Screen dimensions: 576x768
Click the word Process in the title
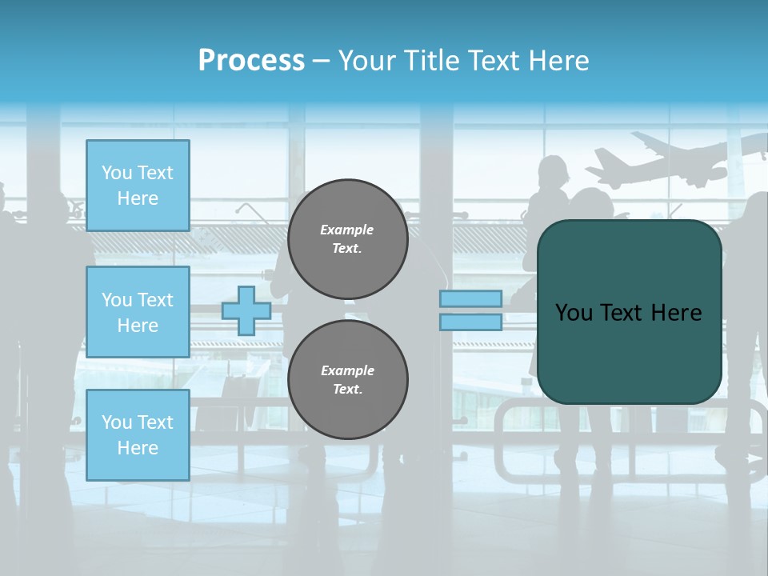tap(251, 61)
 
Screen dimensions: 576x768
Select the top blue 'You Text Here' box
tap(138, 186)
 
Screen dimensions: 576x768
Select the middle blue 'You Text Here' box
tap(138, 312)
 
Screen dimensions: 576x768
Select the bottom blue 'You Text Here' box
tap(138, 435)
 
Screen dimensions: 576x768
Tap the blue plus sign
tap(246, 310)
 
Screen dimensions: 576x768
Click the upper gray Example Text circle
tap(347, 239)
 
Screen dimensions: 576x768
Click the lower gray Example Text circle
tap(347, 380)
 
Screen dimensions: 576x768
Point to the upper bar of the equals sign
tap(470, 298)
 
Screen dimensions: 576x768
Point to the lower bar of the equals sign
tap(470, 322)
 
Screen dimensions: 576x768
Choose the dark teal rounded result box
tap(629, 312)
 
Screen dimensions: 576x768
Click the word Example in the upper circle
tap(347, 230)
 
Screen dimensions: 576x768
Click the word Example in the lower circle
tap(347, 371)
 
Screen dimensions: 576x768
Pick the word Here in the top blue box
tap(138, 198)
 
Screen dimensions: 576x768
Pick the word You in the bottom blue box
tap(117, 422)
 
